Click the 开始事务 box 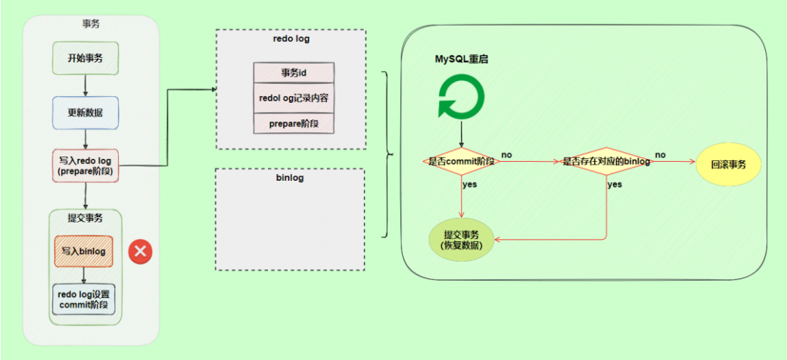(x=86, y=57)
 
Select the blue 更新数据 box (x=86, y=113)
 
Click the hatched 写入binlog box (x=83, y=251)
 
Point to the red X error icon (x=139, y=251)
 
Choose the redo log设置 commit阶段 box (x=84, y=299)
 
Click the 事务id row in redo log (x=293, y=73)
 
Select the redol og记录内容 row (x=293, y=98)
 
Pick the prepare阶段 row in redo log (x=293, y=123)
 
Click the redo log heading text (x=291, y=38)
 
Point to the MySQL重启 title (x=461, y=58)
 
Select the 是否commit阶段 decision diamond (x=461, y=161)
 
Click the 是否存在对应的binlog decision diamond (x=606, y=161)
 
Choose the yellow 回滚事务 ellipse (x=728, y=163)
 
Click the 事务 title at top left (x=91, y=23)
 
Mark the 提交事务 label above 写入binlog (x=85, y=218)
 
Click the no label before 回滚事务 (x=660, y=154)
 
